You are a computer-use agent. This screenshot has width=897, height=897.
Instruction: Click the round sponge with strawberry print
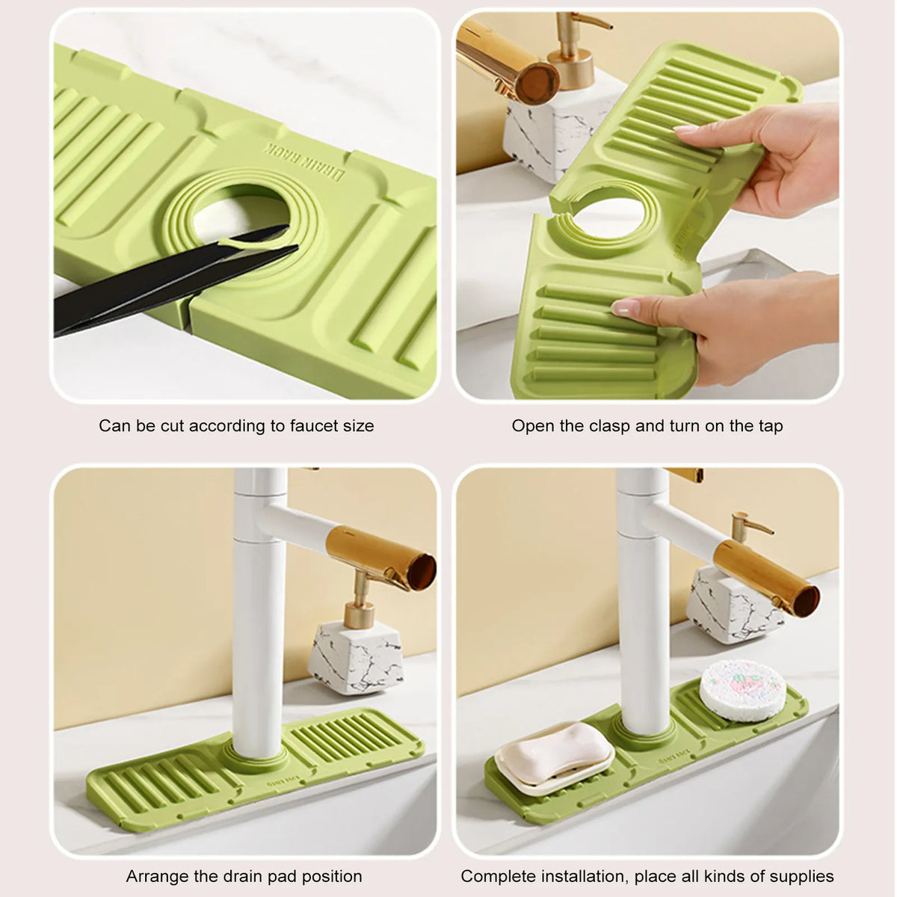point(743,690)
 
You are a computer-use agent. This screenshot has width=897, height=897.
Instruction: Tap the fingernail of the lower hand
point(625,306)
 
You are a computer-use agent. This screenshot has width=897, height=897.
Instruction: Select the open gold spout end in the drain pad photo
point(422,571)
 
